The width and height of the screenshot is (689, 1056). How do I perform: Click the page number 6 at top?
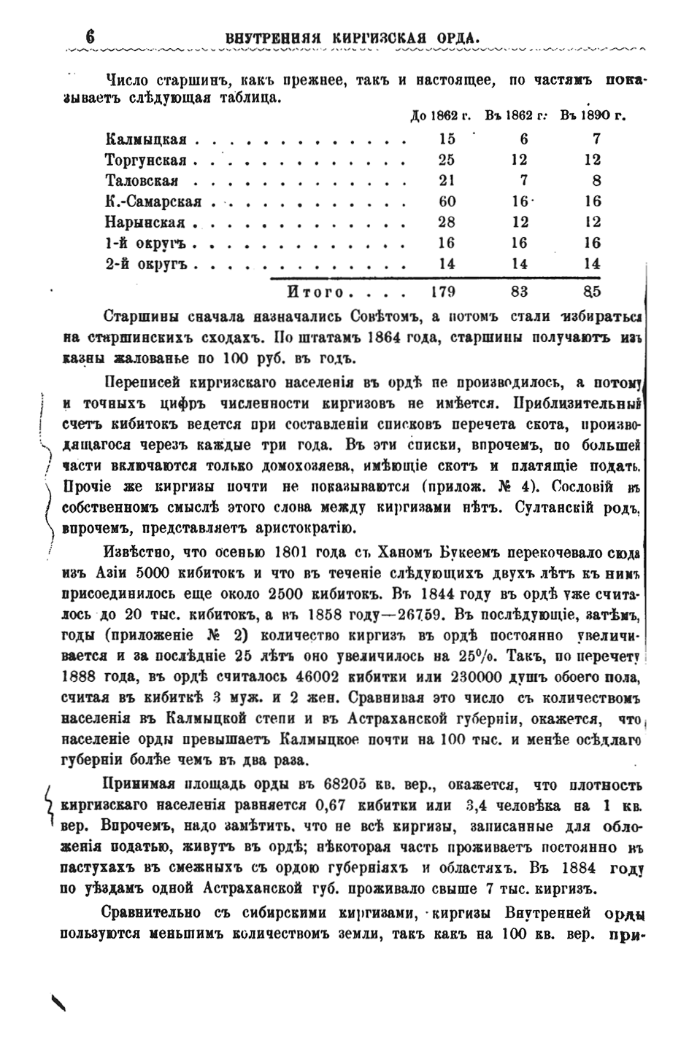click(91, 36)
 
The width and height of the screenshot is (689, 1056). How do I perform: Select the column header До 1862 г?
click(441, 115)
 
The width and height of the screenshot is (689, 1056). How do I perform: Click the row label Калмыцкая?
click(146, 139)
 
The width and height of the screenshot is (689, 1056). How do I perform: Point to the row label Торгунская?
click(146, 160)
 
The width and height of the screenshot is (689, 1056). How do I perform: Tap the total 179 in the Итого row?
click(442, 293)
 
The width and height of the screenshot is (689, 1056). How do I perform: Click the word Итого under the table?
click(315, 293)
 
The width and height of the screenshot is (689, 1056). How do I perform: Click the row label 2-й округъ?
click(147, 265)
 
